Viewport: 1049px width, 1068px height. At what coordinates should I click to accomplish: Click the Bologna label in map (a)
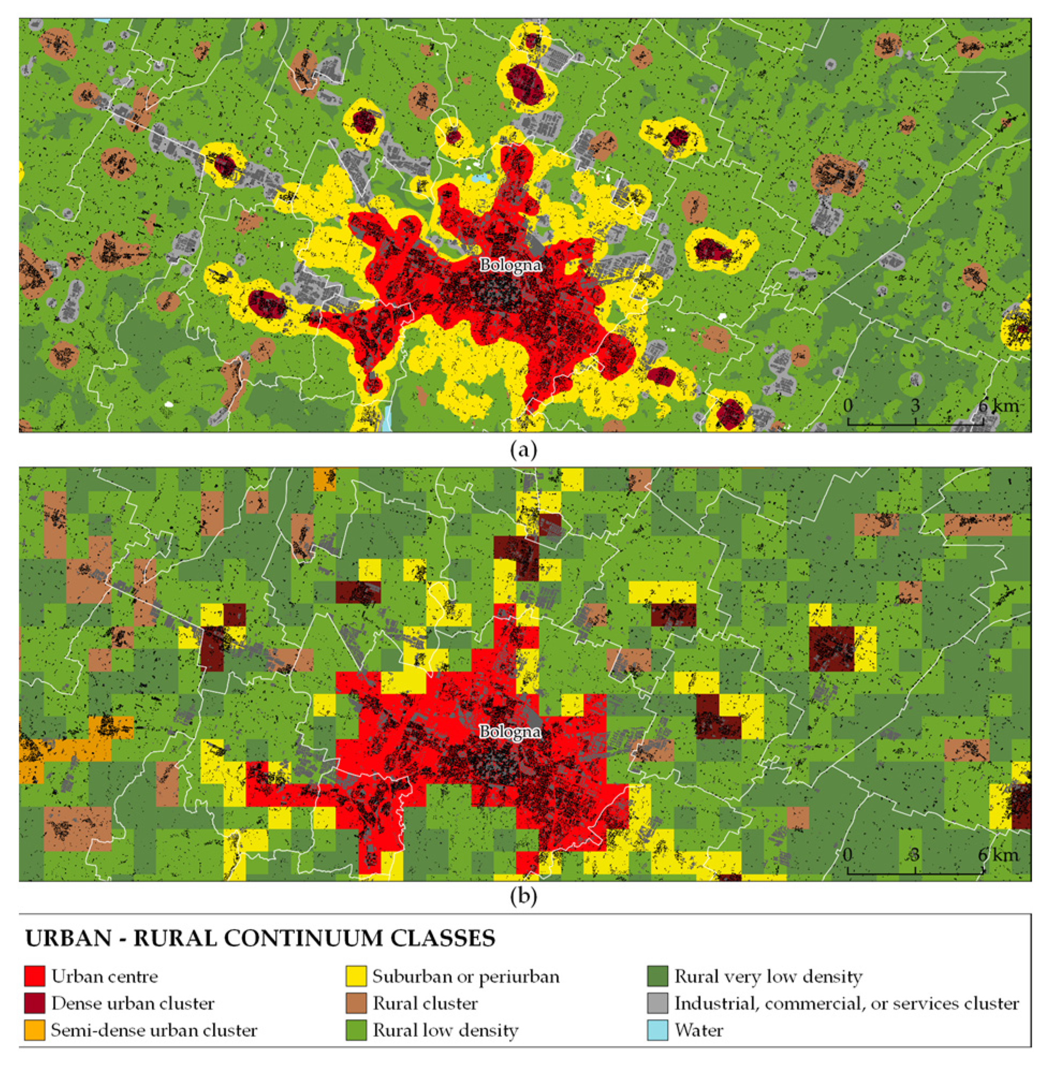click(510, 265)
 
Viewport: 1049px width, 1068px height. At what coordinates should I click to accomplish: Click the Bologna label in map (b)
click(510, 732)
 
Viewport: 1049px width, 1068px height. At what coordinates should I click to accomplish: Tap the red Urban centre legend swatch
click(34, 976)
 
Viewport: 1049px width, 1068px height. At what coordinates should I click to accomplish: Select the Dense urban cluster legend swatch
click(34, 1003)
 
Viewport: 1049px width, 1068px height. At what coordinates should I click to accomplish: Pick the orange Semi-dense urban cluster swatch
click(34, 1030)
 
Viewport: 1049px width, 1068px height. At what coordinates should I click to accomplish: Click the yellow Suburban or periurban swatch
click(356, 976)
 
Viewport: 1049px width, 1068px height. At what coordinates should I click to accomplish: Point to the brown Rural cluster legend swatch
click(356, 1003)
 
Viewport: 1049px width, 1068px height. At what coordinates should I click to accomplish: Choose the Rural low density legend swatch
click(356, 1030)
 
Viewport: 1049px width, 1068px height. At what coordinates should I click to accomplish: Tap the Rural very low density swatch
click(658, 976)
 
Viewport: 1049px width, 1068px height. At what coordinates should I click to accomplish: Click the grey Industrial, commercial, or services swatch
click(658, 1003)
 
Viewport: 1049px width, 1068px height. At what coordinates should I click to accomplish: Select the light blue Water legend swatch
click(658, 1030)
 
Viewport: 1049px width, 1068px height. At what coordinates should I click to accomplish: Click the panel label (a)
click(523, 450)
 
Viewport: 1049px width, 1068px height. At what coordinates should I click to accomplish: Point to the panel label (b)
click(523, 897)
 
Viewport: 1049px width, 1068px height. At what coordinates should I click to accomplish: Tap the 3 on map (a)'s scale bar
click(915, 406)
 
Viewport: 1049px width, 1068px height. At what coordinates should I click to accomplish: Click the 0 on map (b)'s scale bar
click(848, 855)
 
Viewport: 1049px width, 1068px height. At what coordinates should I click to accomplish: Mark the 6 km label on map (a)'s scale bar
click(998, 406)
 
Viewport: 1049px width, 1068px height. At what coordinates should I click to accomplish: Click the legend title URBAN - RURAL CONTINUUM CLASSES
click(260, 939)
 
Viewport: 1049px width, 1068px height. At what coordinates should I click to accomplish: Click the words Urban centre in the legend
click(105, 977)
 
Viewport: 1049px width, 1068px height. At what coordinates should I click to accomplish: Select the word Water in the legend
click(699, 1030)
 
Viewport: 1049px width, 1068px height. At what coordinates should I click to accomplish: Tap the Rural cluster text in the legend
click(426, 1004)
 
